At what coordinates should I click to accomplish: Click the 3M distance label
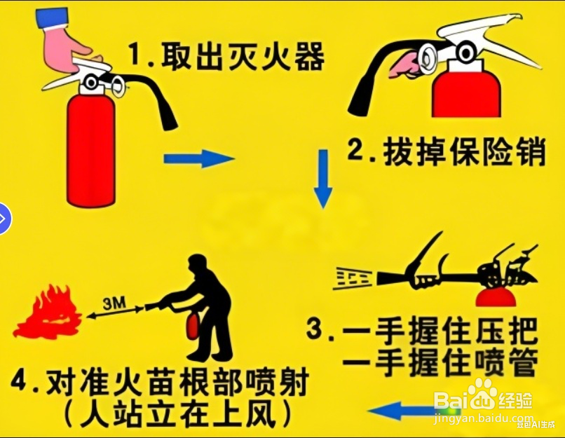click(x=113, y=305)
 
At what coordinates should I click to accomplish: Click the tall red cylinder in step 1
click(x=91, y=150)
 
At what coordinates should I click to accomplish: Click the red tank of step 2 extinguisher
click(x=466, y=95)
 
